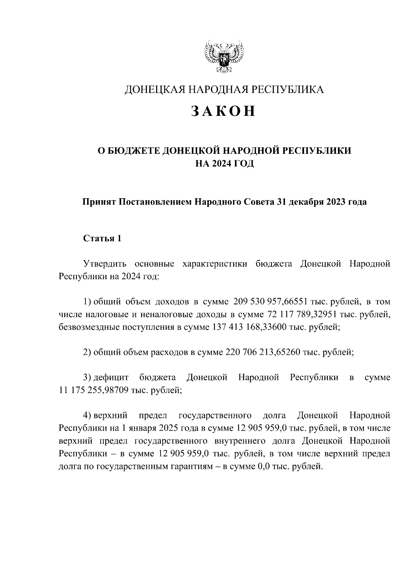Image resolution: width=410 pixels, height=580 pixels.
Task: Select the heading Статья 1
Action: coord(102,238)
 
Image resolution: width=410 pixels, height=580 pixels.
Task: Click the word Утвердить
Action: coord(105,264)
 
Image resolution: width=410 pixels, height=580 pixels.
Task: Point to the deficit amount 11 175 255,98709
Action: coord(93,390)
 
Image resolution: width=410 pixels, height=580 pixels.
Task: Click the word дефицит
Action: coord(111,377)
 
